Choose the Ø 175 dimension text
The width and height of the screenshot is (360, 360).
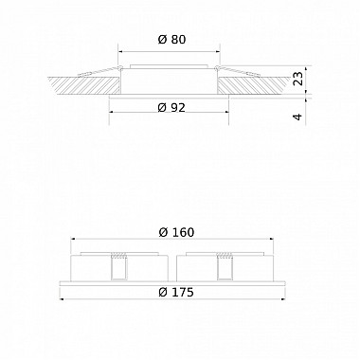tap(174, 293)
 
